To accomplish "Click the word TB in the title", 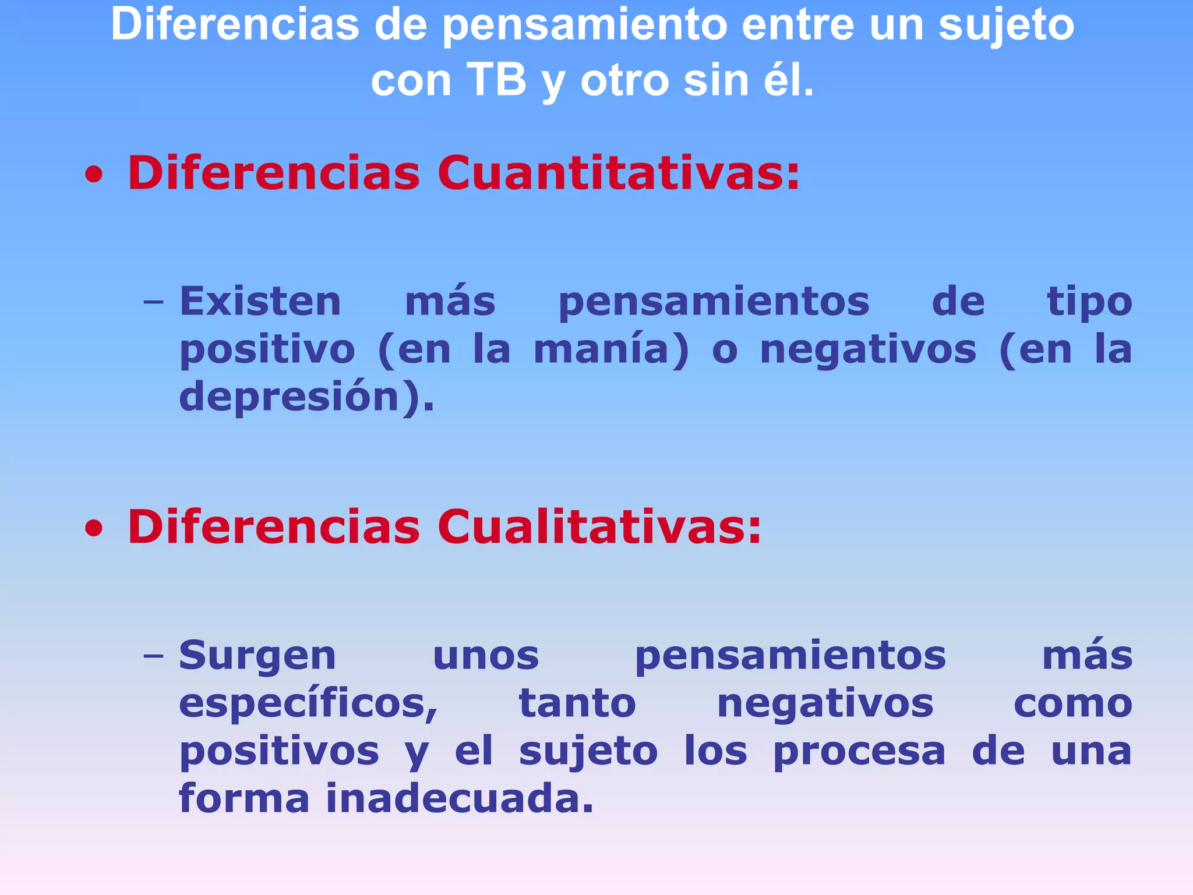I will click(x=496, y=80).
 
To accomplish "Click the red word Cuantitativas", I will click(x=619, y=173).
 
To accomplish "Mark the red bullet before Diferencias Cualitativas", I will click(x=94, y=529).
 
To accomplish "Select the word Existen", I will click(x=260, y=302).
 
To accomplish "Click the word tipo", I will click(x=1089, y=303).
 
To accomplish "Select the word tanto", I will click(x=577, y=703).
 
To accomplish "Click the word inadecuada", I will click(x=459, y=799).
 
